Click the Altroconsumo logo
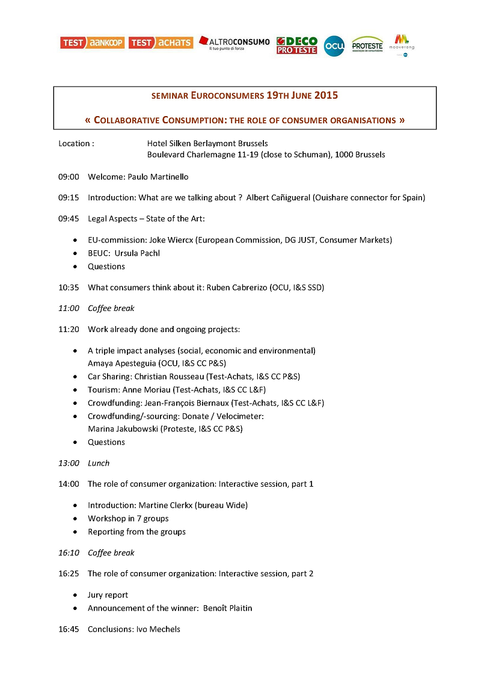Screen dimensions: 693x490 [234, 43]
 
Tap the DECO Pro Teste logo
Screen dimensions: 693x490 [296, 45]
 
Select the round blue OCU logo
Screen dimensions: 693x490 [334, 46]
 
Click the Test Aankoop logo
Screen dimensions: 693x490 [92, 43]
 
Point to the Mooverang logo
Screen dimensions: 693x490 [402, 45]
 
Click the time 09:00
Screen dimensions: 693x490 [69, 177]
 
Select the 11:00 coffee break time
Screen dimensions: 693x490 [69, 309]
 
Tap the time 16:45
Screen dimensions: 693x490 [69, 629]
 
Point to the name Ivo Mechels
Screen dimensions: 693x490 [159, 629]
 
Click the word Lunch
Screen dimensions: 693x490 [99, 463]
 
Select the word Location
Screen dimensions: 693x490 [74, 144]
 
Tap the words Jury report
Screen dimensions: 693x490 [108, 595]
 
